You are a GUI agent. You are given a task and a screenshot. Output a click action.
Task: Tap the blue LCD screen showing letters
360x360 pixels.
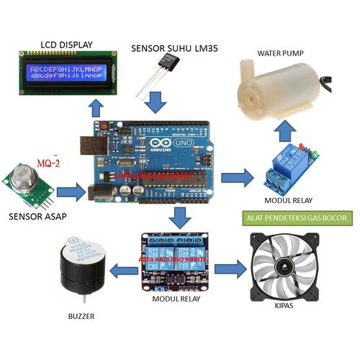coord(66,72)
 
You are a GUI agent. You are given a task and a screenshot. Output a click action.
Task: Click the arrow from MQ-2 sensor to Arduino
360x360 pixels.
coord(70,192)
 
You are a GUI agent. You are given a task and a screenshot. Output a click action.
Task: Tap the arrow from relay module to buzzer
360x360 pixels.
coord(127,271)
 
